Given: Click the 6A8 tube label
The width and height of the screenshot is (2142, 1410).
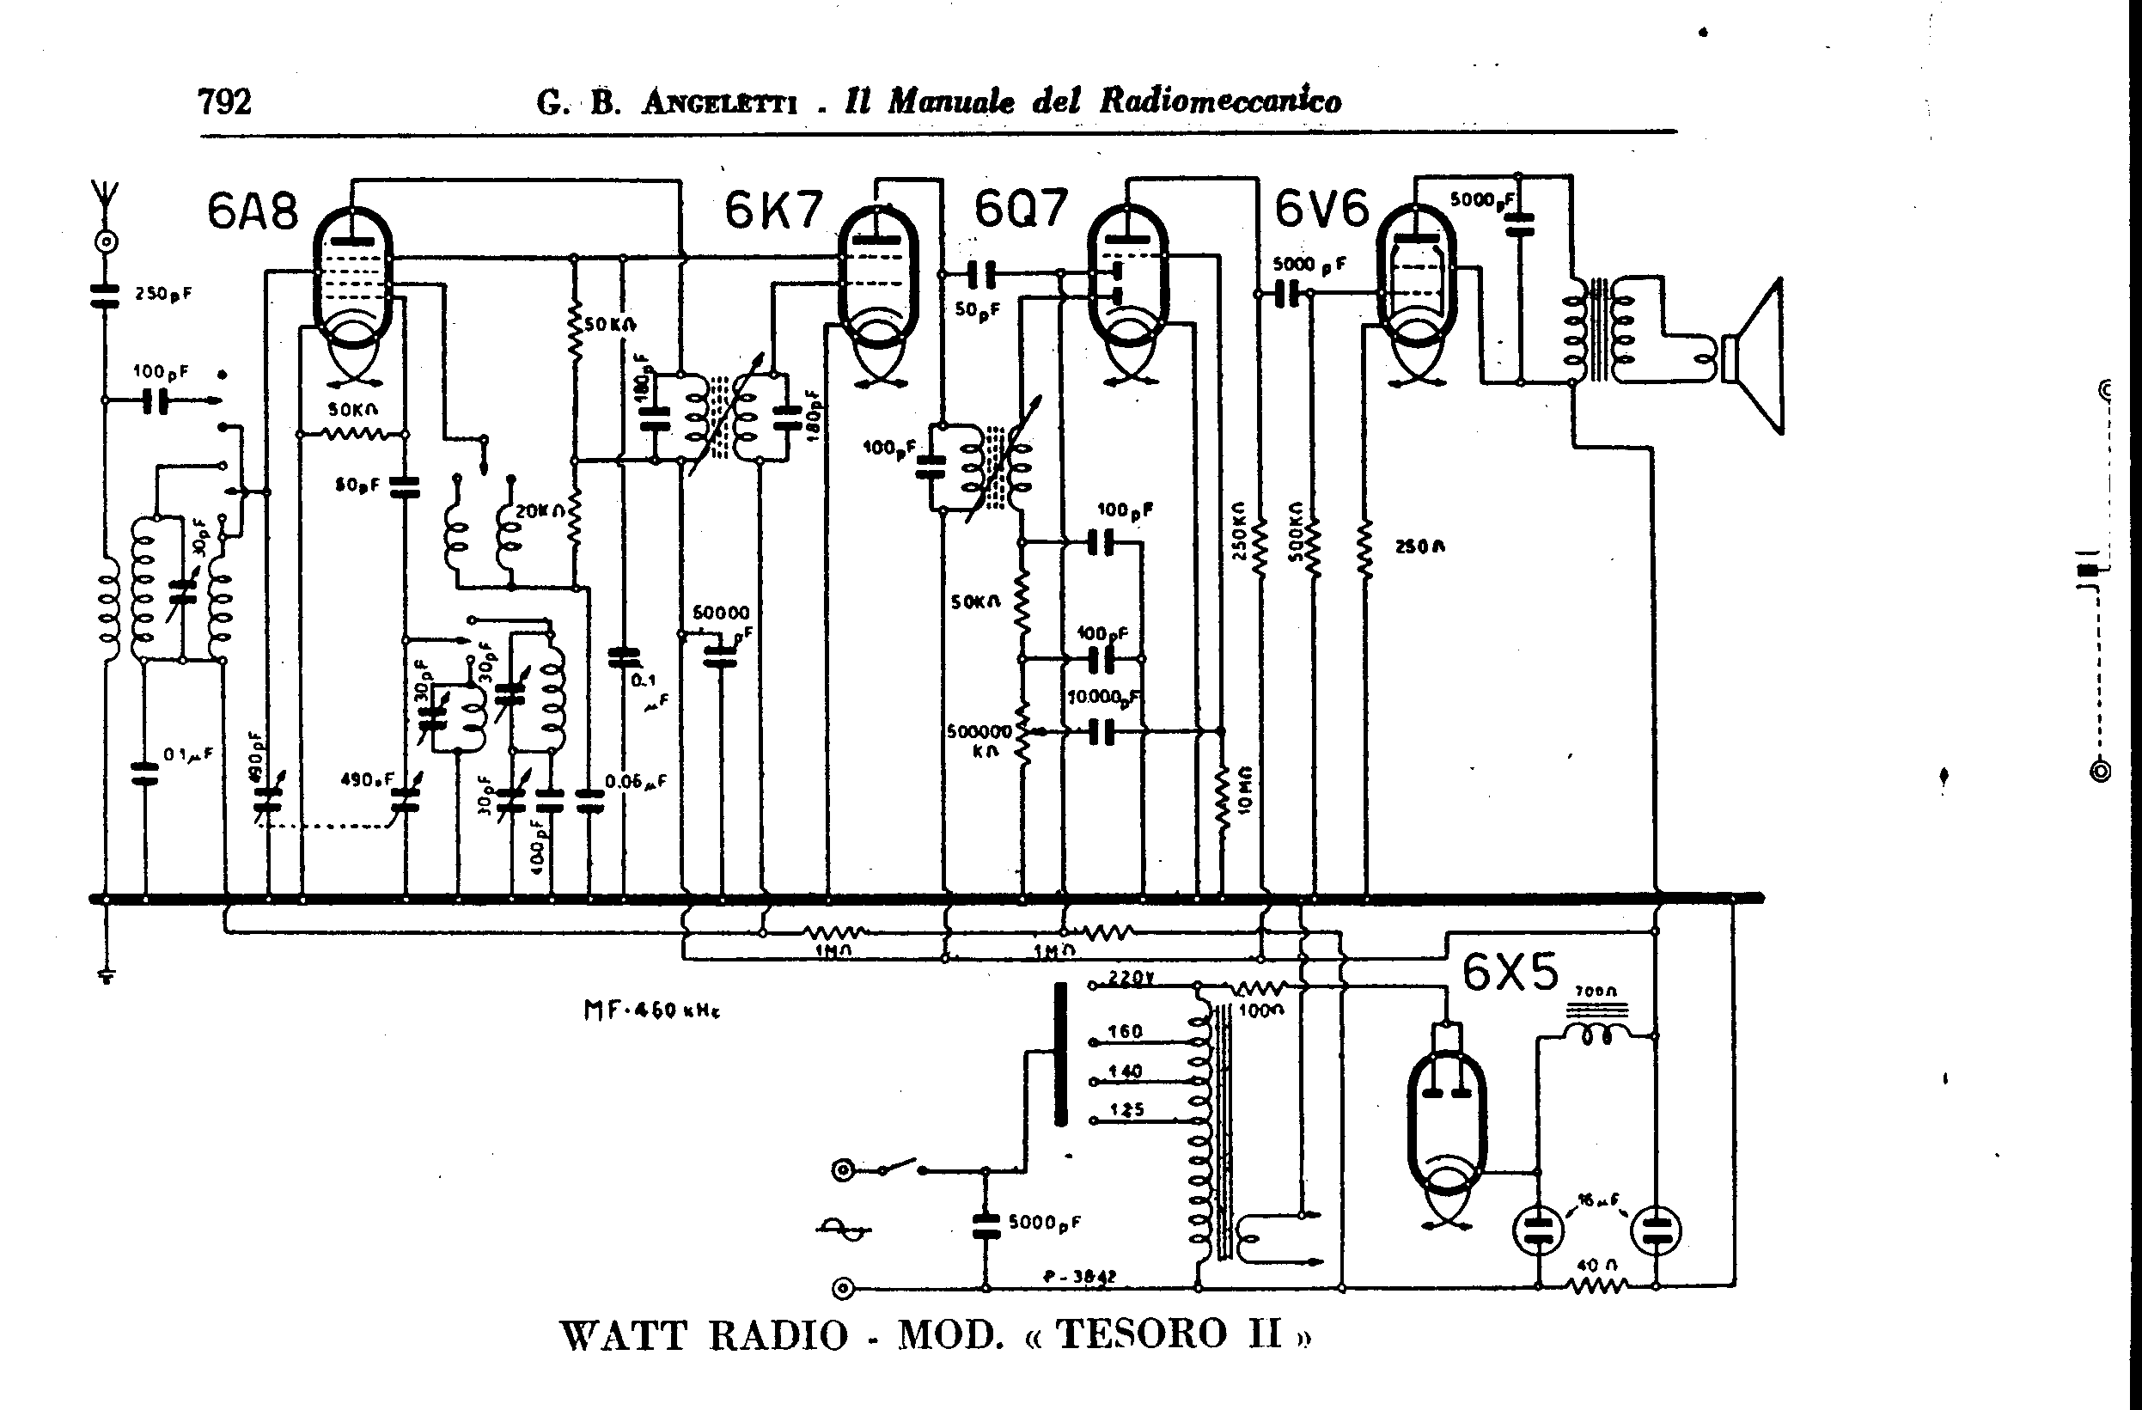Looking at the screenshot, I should (x=252, y=212).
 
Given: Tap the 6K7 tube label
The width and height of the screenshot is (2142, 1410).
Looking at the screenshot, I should (x=773, y=211).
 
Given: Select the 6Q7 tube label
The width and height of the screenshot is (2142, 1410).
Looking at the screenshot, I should (x=1021, y=209).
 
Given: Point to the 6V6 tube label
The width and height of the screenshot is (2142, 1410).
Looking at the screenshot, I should (x=1321, y=209).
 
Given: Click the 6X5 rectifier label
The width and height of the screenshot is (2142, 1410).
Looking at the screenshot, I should (x=1510, y=972).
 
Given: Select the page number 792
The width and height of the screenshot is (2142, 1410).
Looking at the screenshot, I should (x=224, y=101).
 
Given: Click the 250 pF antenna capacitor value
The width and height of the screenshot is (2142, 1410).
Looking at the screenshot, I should (x=163, y=293).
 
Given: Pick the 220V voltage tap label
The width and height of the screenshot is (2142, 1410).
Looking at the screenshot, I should (x=1126, y=979).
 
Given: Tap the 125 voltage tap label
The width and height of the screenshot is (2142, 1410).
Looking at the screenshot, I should (x=1126, y=1109).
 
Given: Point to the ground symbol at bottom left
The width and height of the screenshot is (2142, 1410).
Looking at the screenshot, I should (x=107, y=976).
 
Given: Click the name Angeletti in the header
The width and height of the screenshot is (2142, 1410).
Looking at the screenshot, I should (x=719, y=103).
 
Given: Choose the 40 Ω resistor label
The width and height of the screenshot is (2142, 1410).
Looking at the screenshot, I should (x=1596, y=1265).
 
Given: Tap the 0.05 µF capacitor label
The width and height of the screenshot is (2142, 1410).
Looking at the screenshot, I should (x=636, y=781).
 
